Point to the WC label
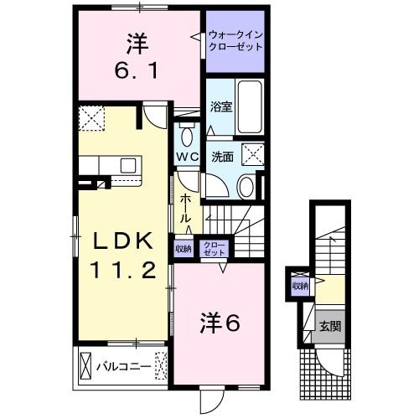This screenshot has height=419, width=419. [187, 157]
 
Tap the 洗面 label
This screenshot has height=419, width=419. [222, 156]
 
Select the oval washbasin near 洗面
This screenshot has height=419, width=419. [246, 187]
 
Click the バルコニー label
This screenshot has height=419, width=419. [122, 366]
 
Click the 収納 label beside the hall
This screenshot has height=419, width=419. [184, 248]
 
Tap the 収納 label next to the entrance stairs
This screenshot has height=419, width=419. [300, 286]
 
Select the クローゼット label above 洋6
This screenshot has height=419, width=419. [215, 248]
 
